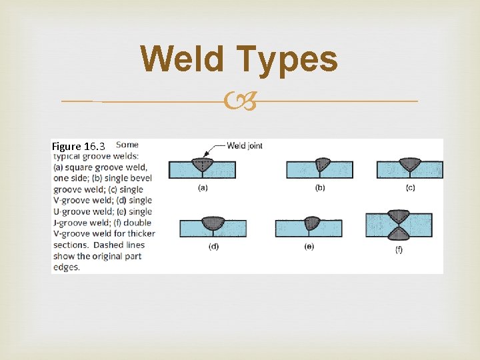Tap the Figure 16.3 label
point(78,146)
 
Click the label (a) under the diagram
point(203,188)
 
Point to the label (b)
point(320,188)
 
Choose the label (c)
point(410,188)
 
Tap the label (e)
point(309,247)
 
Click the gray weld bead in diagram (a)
point(203,164)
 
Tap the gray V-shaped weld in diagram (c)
point(410,164)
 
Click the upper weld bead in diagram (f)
point(398,216)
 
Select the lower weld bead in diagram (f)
point(398,233)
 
